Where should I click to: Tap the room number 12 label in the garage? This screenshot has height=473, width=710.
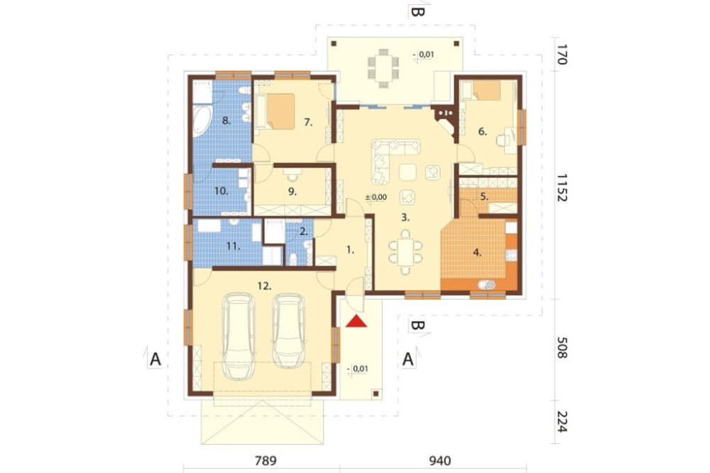[x=264, y=286]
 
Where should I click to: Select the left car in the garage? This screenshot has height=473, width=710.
[x=238, y=336]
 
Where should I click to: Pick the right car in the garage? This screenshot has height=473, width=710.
[x=288, y=331]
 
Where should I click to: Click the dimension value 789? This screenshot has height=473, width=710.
[x=266, y=461]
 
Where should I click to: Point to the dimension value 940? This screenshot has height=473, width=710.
[x=439, y=461]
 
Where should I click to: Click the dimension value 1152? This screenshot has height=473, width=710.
[x=562, y=187]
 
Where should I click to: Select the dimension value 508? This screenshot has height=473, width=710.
[x=562, y=347]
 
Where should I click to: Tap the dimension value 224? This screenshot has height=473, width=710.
[x=562, y=421]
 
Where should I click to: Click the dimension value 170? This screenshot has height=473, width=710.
[x=562, y=55]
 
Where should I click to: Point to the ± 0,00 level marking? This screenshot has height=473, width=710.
[x=376, y=197]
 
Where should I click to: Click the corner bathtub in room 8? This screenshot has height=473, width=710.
[x=202, y=121]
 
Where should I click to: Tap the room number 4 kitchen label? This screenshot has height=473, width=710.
[x=477, y=253]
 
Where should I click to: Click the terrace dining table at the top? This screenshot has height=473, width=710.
[x=383, y=67]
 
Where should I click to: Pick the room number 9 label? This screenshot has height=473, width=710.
[x=293, y=192]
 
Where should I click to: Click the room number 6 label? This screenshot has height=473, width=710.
[x=483, y=131]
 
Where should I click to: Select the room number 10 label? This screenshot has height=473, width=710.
[x=221, y=191]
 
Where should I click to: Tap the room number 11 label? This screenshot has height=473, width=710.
[x=233, y=246]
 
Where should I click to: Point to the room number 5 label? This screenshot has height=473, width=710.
[x=484, y=197]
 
